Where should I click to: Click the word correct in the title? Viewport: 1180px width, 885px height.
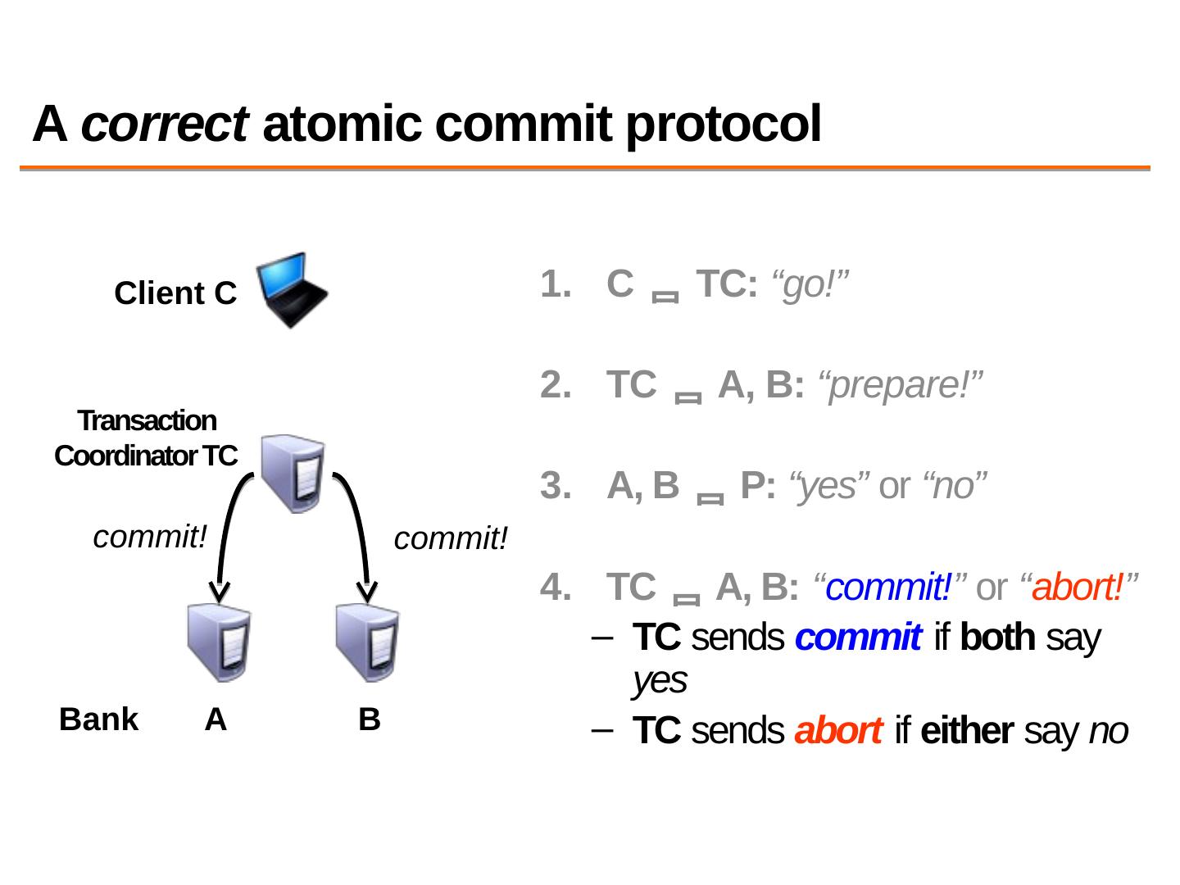[x=164, y=125]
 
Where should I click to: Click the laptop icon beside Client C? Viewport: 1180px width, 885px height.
[x=292, y=289]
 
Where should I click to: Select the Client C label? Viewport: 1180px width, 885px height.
[x=175, y=293]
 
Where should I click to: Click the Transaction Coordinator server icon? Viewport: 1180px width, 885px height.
[x=293, y=473]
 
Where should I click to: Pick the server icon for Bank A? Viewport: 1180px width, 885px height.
[x=218, y=643]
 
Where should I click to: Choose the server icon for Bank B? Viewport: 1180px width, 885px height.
[x=368, y=643]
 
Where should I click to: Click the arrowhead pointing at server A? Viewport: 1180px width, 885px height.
[x=218, y=590]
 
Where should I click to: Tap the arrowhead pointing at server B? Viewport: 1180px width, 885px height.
[x=368, y=590]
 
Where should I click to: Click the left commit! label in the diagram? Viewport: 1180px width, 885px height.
[x=150, y=538]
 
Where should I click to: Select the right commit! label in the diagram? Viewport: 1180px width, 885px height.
[x=451, y=539]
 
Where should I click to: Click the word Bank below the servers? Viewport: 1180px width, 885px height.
[x=99, y=719]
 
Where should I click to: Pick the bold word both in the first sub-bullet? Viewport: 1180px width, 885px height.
[x=996, y=638]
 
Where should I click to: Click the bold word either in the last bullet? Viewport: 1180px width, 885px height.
[x=967, y=731]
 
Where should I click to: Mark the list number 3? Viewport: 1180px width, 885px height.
[x=553, y=486]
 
